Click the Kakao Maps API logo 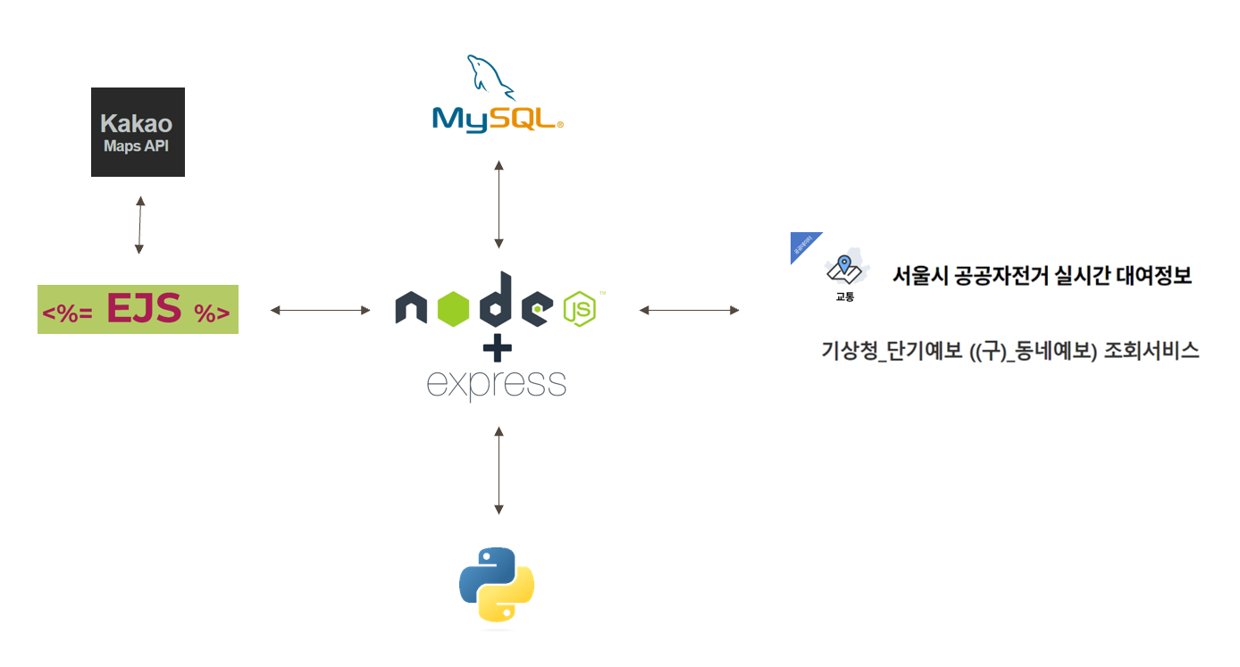[138, 132]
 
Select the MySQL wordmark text [497, 119]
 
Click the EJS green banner [138, 309]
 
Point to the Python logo [497, 584]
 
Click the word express [497, 384]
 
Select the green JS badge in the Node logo [579, 310]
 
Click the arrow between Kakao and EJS [139, 225]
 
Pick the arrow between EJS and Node [320, 310]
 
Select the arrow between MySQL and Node [499, 204]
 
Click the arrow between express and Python [499, 470]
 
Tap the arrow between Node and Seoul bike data [689, 310]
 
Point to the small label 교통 [844, 296]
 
